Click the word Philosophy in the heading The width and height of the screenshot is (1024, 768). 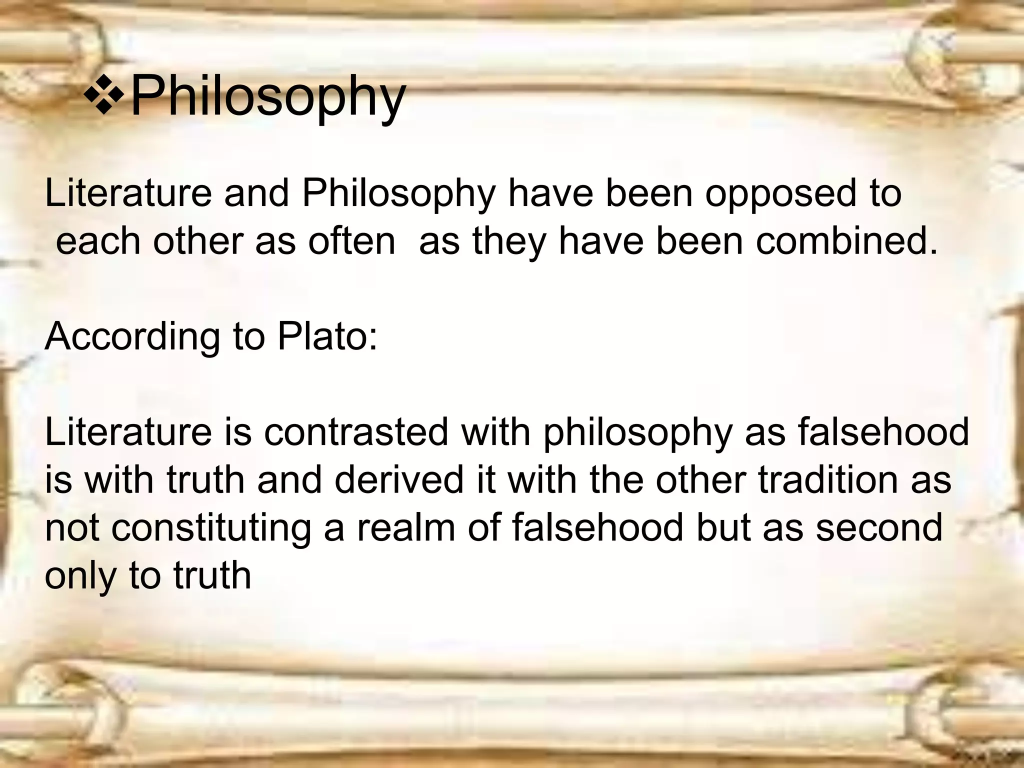[267, 96]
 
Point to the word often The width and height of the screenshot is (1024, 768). [351, 241]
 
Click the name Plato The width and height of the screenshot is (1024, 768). [327, 336]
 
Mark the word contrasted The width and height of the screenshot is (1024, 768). [356, 432]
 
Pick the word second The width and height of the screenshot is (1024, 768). [879, 528]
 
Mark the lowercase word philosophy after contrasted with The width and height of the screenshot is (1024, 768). [638, 433]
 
